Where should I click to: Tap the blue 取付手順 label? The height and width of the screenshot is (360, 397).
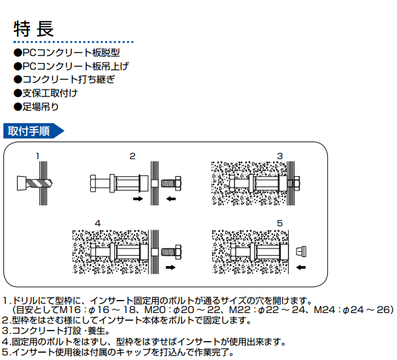coord(29,130)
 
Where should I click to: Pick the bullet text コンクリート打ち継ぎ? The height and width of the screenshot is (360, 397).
coord(64,79)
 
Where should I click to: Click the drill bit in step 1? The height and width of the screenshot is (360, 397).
coord(30,181)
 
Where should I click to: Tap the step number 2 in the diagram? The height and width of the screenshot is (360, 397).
coord(133,157)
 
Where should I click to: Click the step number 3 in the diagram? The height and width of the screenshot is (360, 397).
coord(279,157)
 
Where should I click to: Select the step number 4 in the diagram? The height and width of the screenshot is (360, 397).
coord(98,224)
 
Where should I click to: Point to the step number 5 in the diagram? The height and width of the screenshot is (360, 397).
coord(279,224)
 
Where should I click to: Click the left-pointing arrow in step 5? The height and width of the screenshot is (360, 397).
coord(301,267)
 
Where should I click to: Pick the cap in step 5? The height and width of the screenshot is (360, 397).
coord(301,250)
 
